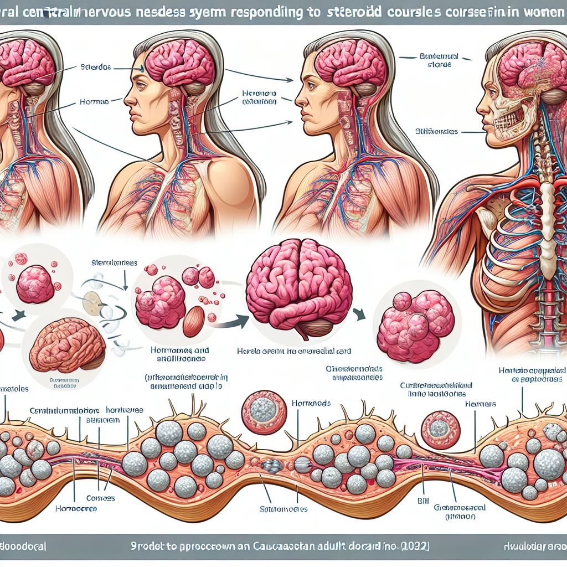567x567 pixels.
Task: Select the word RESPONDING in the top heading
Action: (x=265, y=12)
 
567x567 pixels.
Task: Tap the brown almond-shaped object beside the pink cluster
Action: (x=193, y=321)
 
